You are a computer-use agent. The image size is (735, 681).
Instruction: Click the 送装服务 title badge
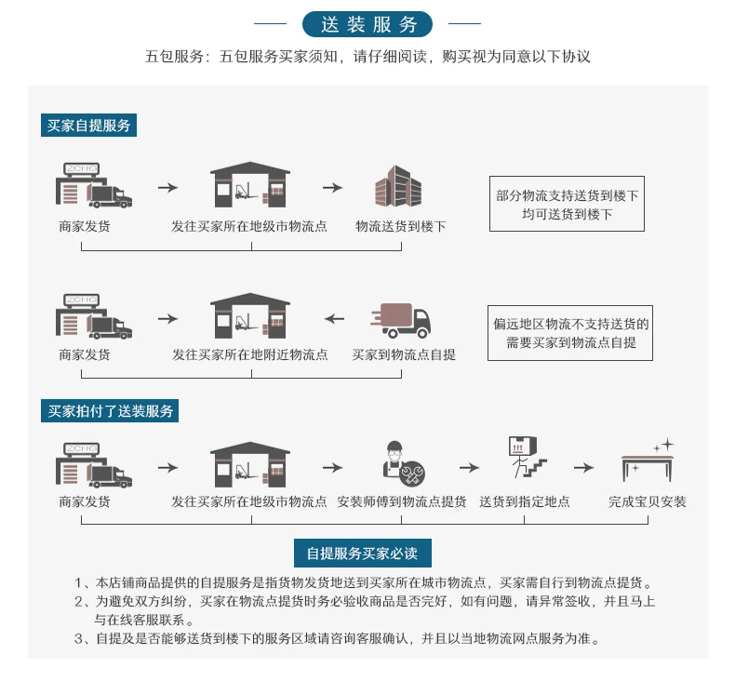pyautogui.click(x=367, y=24)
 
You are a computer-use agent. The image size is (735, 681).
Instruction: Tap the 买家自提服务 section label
pyautogui.click(x=88, y=126)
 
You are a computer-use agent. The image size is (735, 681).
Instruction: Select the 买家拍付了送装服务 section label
pyautogui.click(x=110, y=411)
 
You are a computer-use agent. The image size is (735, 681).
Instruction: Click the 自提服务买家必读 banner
pyautogui.click(x=362, y=554)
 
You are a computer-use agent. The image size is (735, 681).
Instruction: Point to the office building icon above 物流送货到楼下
pyautogui.click(x=398, y=186)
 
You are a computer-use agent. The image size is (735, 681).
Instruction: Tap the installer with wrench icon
pyautogui.click(x=403, y=463)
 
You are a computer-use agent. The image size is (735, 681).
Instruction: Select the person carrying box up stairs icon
pyautogui.click(x=527, y=458)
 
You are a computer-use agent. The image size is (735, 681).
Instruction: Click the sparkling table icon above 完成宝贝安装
pyautogui.click(x=648, y=461)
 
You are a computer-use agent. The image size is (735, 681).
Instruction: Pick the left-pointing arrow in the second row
pyautogui.click(x=334, y=319)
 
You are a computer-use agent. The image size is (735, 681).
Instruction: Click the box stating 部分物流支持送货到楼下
pyautogui.click(x=567, y=204)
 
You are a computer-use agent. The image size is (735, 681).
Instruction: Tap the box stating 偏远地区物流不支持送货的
pyautogui.click(x=570, y=333)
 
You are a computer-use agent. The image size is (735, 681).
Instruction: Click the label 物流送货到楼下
pyautogui.click(x=400, y=227)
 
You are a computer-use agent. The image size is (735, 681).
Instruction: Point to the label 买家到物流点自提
pyautogui.click(x=403, y=354)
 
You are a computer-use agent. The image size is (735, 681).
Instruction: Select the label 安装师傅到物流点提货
pyautogui.click(x=401, y=502)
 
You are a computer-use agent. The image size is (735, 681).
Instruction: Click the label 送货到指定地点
pyautogui.click(x=525, y=502)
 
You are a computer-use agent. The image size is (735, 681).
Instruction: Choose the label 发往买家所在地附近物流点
pyautogui.click(x=250, y=354)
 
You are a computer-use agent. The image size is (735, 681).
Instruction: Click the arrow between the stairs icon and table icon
pyautogui.click(x=583, y=468)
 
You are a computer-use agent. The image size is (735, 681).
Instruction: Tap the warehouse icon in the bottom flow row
pyautogui.click(x=250, y=464)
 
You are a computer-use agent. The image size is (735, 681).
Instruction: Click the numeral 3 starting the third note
pyautogui.click(x=78, y=639)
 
